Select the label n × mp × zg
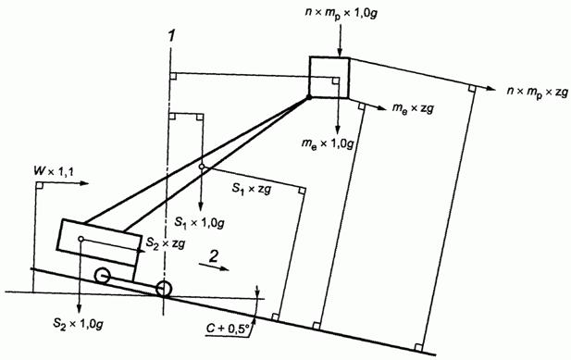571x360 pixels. (538, 92)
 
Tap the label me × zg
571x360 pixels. (413, 108)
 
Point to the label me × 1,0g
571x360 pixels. (328, 143)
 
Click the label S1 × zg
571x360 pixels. (252, 189)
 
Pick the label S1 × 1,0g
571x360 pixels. (199, 222)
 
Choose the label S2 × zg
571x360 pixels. (166, 242)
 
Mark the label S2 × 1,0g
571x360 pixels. (78, 323)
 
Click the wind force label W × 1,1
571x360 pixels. (54, 170)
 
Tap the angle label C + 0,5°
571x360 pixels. (228, 329)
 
